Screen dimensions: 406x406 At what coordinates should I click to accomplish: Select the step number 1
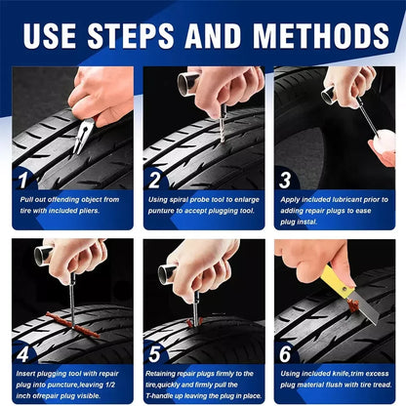click(24, 179)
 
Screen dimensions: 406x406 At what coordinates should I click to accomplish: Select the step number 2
click(154, 179)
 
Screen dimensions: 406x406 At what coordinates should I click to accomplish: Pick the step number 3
click(285, 179)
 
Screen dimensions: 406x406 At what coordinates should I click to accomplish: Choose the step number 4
click(24, 353)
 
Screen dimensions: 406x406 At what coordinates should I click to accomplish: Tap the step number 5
click(154, 353)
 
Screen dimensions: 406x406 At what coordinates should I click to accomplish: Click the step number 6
click(285, 353)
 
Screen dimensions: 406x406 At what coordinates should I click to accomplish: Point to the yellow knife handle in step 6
click(337, 283)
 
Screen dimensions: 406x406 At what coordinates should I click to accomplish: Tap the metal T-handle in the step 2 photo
click(188, 83)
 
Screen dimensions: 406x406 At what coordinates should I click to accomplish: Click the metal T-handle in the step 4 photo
click(45, 256)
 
